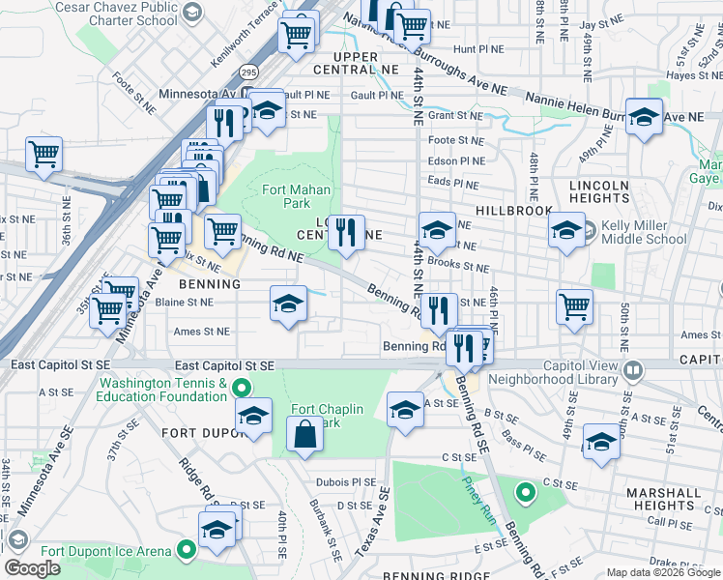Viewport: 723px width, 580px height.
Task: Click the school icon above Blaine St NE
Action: (288, 305)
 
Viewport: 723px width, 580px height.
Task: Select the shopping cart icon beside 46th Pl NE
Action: (575, 306)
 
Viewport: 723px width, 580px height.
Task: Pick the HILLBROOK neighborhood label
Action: (513, 210)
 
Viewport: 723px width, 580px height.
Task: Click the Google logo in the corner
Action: (32, 568)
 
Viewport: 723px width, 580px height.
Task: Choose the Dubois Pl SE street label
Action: (344, 482)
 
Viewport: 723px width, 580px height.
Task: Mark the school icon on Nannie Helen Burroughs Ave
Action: (644, 117)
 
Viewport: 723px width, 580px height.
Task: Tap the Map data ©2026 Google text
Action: (661, 572)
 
